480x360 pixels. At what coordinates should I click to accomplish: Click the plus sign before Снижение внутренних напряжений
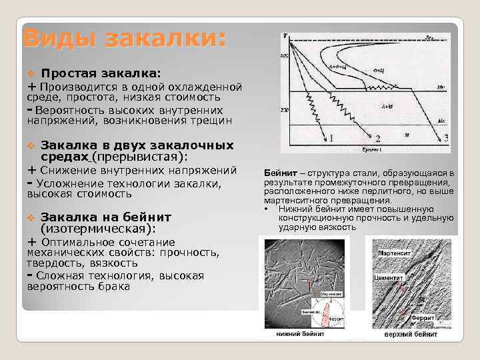tap(31, 171)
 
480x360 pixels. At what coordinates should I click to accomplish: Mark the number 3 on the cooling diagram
tap(445, 138)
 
